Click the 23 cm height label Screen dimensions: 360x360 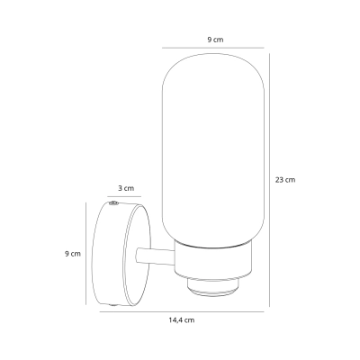(285, 180)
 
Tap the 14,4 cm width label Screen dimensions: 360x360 (181, 320)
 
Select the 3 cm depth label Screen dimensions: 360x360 (126, 188)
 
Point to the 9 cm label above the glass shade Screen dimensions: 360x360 (215, 40)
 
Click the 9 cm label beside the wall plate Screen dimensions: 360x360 (73, 254)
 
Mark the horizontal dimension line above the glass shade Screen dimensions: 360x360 (213, 48)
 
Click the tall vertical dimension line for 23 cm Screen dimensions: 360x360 (269, 180)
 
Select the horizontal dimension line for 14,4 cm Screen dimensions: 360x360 (182, 311)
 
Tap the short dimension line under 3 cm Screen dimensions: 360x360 (124, 197)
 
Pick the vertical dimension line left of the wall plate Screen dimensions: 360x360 (86, 254)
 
